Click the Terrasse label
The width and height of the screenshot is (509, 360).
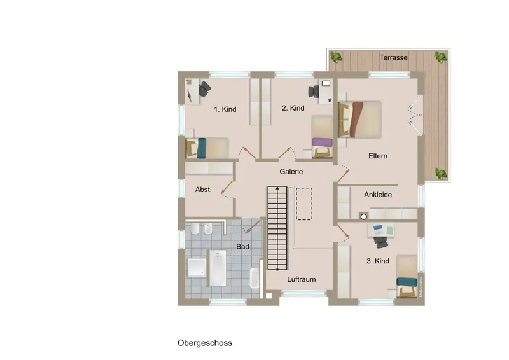(394, 57)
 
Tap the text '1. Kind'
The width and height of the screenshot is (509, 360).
(225, 109)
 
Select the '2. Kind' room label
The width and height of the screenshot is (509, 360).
(293, 108)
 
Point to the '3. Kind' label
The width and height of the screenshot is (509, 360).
(377, 261)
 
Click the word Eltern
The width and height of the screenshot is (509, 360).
(378, 156)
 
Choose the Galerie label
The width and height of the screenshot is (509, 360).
(291, 172)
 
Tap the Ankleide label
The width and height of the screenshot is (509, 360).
(377, 195)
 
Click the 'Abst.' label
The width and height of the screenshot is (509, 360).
(203, 189)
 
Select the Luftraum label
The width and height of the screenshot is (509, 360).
(301, 279)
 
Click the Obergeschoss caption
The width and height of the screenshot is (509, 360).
(205, 343)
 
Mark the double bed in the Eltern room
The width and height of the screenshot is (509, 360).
(360, 119)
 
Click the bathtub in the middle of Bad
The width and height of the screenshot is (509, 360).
(218, 268)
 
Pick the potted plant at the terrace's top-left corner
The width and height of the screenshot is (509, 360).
(335, 57)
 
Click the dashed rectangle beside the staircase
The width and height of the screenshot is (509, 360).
(305, 203)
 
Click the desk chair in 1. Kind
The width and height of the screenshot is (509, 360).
(204, 90)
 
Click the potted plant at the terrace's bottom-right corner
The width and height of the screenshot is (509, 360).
(439, 172)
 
